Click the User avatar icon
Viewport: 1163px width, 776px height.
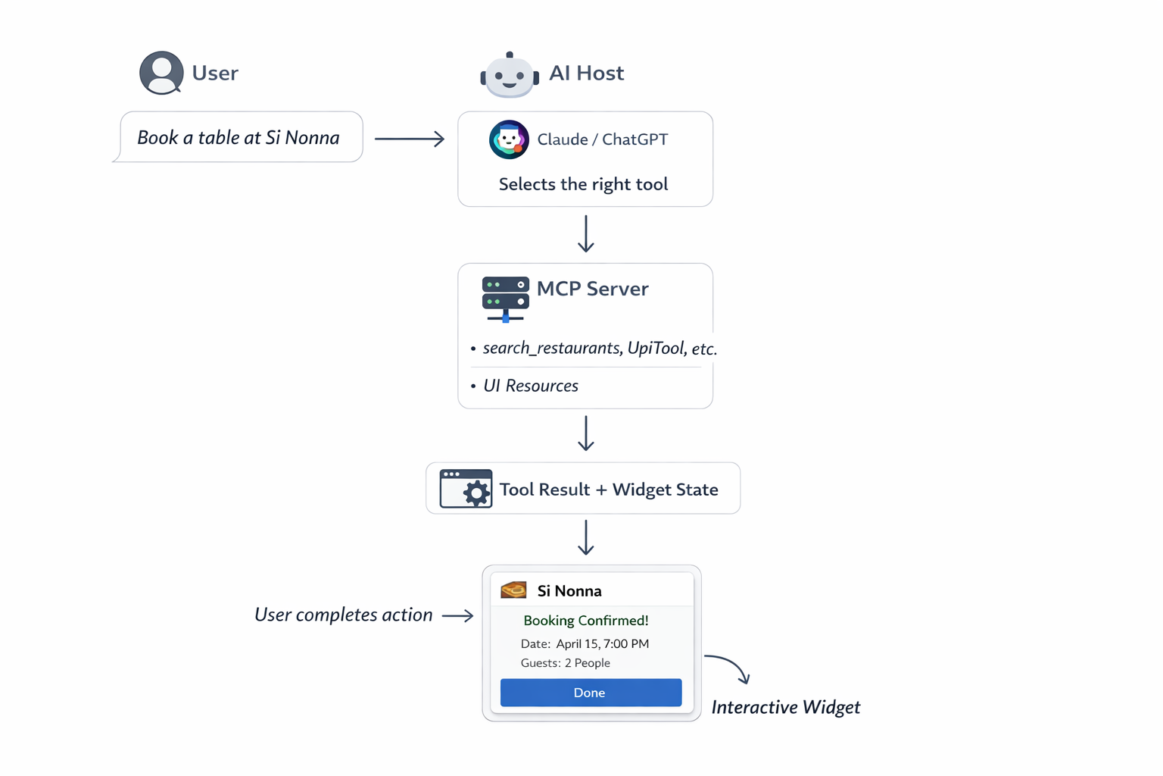pyautogui.click(x=161, y=73)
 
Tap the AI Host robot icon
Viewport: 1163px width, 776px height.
pyautogui.click(x=510, y=75)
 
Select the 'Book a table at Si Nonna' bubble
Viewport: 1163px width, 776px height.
pyautogui.click(x=239, y=137)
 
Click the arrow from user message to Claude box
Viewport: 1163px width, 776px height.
pyautogui.click(x=410, y=139)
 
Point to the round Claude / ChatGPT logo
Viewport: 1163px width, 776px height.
pyautogui.click(x=509, y=139)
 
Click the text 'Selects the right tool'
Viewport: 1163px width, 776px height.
pyautogui.click(x=583, y=184)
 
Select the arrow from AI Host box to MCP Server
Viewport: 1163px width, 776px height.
pyautogui.click(x=585, y=233)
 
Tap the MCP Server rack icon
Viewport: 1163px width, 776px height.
pyautogui.click(x=505, y=298)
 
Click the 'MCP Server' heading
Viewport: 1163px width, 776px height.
pyautogui.click(x=592, y=289)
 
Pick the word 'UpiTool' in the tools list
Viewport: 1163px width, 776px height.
pyautogui.click(x=656, y=348)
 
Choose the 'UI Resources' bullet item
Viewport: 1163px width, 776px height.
pyautogui.click(x=530, y=386)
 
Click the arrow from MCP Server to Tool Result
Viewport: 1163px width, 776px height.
pyautogui.click(x=585, y=433)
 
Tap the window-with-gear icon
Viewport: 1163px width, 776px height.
pyautogui.click(x=466, y=489)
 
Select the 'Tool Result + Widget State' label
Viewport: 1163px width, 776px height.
pyautogui.click(x=609, y=490)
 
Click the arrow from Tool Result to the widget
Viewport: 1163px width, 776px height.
pyautogui.click(x=585, y=537)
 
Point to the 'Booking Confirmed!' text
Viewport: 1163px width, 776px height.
pyautogui.click(x=586, y=621)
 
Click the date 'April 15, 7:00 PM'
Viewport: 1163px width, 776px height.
pyautogui.click(x=602, y=644)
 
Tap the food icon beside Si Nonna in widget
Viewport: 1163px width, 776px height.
pyautogui.click(x=514, y=590)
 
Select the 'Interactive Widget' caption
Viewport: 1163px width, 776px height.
pyautogui.click(x=785, y=707)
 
